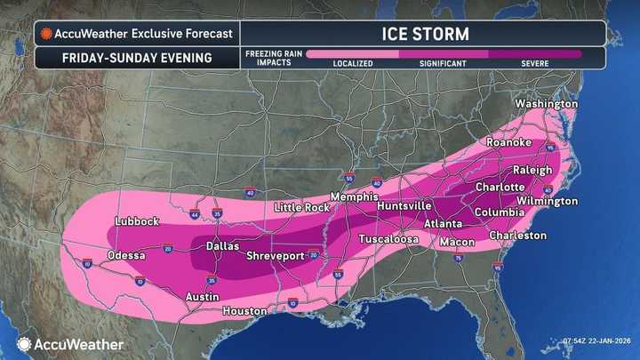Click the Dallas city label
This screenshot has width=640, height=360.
click(224, 245)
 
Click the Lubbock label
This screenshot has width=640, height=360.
click(137, 221)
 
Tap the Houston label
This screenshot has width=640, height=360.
click(244, 311)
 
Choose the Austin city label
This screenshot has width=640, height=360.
click(203, 297)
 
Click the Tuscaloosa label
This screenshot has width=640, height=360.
click(388, 240)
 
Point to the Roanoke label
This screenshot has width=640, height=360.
click(508, 142)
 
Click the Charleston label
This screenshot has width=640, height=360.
click(517, 236)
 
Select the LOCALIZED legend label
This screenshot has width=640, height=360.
click(352, 64)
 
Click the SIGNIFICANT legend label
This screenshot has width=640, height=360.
click(443, 64)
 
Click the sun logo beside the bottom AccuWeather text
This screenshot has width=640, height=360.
click(24, 343)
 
